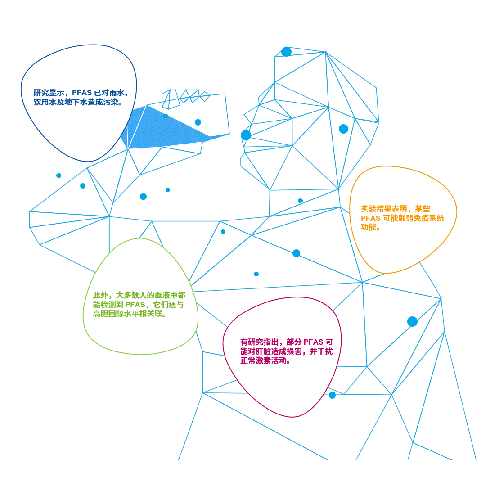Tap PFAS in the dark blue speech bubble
tap(81, 93)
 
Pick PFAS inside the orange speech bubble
tap(371, 218)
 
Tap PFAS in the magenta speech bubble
tap(314, 342)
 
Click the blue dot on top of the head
tap(286, 51)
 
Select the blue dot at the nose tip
tap(246, 135)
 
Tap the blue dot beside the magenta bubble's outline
tap(332, 395)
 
